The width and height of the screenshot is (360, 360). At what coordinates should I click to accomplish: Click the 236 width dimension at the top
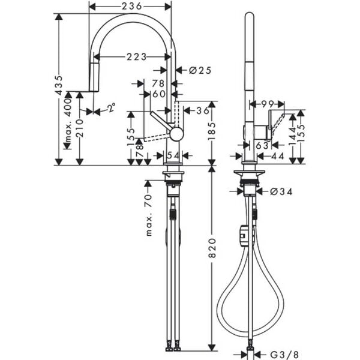[x=129, y=6]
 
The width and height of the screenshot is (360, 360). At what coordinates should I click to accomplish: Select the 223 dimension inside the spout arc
[x=137, y=57]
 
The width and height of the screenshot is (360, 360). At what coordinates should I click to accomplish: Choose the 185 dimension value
[x=212, y=127]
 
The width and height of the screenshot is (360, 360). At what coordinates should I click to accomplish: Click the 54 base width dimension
[x=173, y=155]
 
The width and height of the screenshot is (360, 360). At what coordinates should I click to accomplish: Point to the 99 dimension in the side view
[x=267, y=104]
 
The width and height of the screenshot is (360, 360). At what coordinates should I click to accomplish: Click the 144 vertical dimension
[x=292, y=138]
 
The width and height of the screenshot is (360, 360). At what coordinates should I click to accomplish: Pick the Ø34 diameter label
[x=281, y=192]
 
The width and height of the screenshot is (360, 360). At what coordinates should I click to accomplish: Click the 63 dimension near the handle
[x=262, y=145]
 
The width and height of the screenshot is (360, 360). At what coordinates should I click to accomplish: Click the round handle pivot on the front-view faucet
[x=176, y=134]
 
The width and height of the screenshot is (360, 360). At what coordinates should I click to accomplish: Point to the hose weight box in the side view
[x=244, y=236]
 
